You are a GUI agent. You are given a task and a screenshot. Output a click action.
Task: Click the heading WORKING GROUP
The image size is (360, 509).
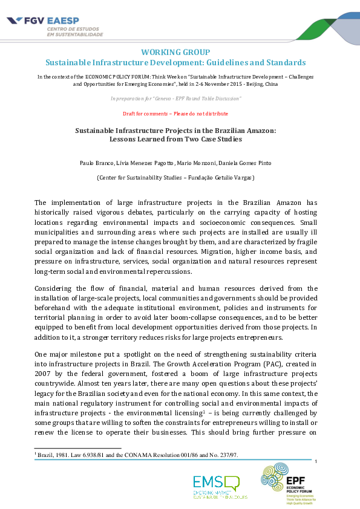(x=175, y=52)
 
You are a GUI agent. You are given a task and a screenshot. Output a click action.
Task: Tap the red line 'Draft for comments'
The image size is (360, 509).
(x=175, y=114)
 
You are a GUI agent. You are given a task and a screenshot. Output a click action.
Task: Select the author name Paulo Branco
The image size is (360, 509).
(x=96, y=164)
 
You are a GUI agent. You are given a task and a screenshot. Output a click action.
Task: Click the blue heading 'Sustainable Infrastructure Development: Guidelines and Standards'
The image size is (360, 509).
(x=175, y=63)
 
